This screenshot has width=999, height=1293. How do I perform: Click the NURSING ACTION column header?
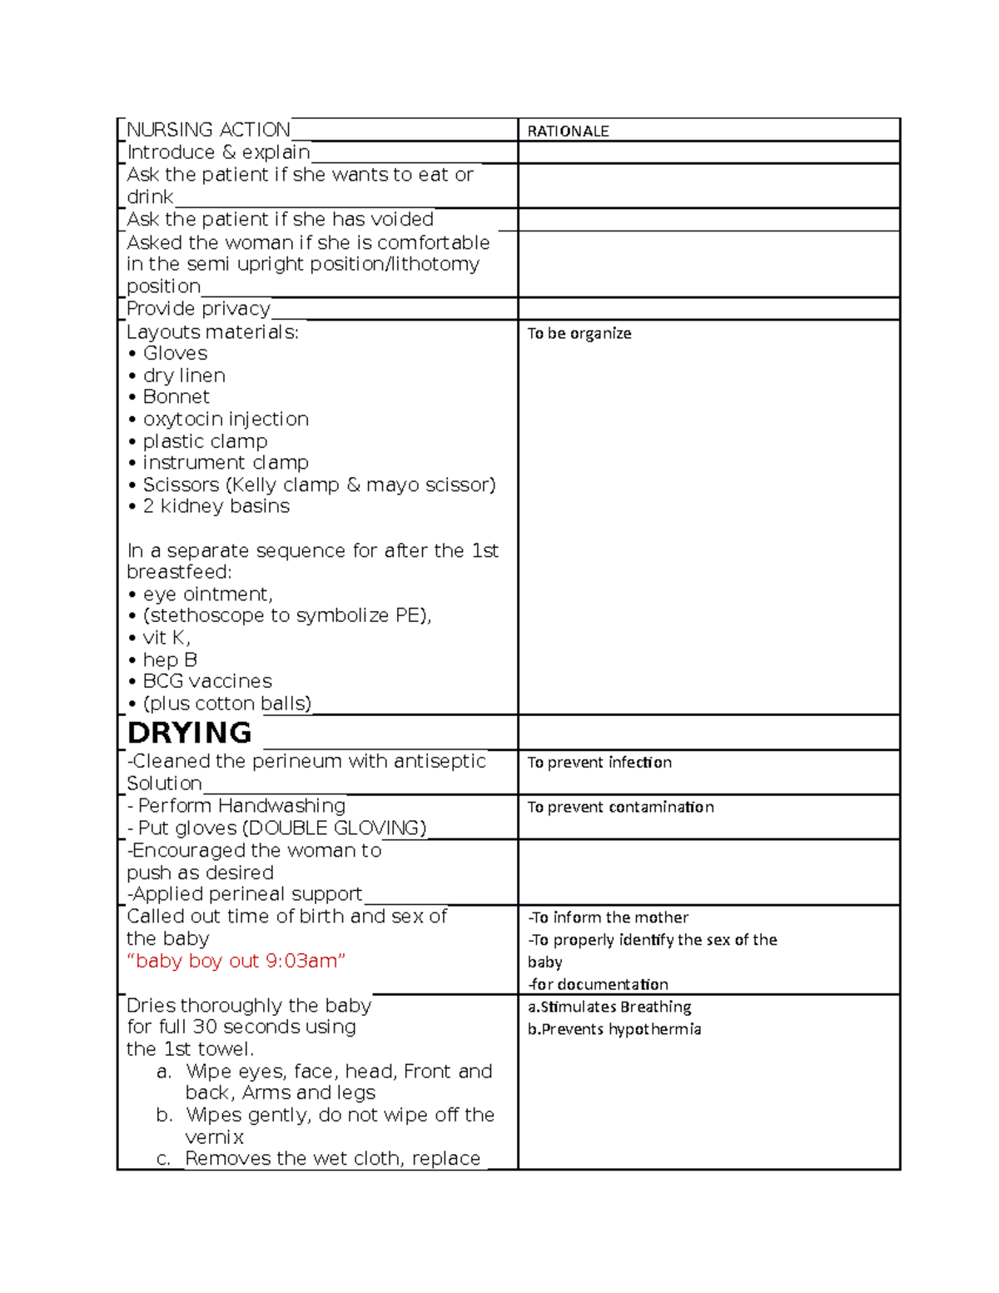(208, 130)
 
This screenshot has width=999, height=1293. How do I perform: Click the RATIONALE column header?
(568, 132)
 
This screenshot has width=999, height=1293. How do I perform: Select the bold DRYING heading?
(189, 733)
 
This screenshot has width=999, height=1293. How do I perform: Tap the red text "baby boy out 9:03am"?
(236, 961)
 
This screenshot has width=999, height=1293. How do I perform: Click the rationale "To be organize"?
(579, 333)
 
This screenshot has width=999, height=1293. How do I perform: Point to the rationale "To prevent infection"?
(599, 763)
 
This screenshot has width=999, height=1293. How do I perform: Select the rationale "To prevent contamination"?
(620, 807)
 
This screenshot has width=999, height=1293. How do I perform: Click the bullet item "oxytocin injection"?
(225, 419)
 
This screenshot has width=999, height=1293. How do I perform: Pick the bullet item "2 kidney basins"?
(216, 506)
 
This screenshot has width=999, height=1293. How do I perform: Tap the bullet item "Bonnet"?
(176, 397)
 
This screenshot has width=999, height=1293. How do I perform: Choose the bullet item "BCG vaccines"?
(206, 681)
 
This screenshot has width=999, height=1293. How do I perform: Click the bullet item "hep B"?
(170, 659)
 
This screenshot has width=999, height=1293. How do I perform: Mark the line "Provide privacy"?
(198, 309)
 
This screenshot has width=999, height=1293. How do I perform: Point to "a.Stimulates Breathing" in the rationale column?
(609, 1007)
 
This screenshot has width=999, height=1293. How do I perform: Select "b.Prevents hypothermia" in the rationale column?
(614, 1029)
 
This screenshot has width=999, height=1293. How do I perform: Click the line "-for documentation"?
(598, 984)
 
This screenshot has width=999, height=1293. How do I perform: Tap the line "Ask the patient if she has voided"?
(280, 220)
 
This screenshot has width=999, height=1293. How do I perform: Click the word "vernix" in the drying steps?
(214, 1137)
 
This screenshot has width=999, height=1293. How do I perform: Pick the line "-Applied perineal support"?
(245, 894)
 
